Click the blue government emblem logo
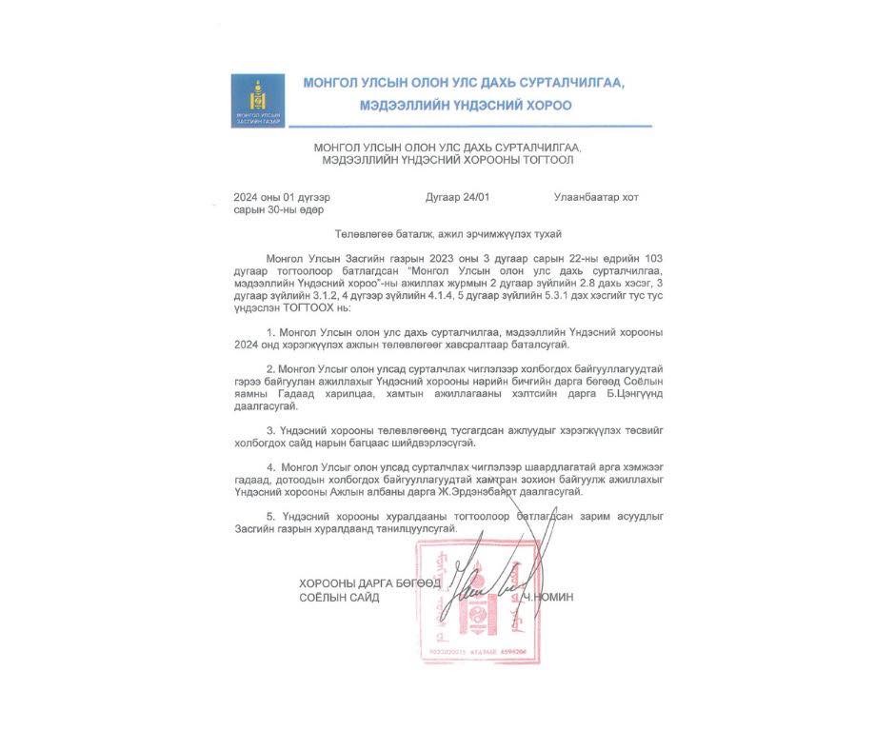(x=257, y=100)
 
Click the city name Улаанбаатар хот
(x=596, y=197)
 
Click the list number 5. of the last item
(x=271, y=516)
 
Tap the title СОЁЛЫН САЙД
(x=339, y=597)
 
